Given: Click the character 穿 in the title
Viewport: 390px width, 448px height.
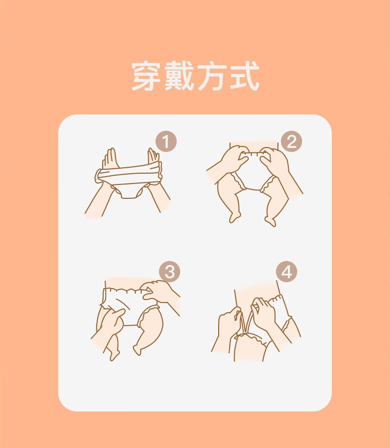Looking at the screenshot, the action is click(x=147, y=76).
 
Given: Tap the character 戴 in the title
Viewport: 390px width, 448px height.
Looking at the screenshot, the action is click(x=180, y=76).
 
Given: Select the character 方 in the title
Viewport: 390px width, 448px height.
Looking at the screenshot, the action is click(x=212, y=76).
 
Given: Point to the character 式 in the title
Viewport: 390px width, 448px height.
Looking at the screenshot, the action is click(x=245, y=76).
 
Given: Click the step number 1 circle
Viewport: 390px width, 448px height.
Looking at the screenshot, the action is click(x=166, y=142).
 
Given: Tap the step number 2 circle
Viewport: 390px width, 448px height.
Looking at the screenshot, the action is click(x=291, y=142).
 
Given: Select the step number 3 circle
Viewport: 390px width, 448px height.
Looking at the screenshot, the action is click(x=169, y=271).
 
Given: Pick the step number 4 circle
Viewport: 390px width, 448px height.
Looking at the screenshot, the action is click(x=286, y=271).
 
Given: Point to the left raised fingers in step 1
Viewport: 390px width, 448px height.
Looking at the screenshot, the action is click(x=110, y=158).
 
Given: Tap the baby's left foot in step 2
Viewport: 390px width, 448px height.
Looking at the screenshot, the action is click(x=234, y=217).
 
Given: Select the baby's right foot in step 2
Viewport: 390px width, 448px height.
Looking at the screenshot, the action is click(x=270, y=221).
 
